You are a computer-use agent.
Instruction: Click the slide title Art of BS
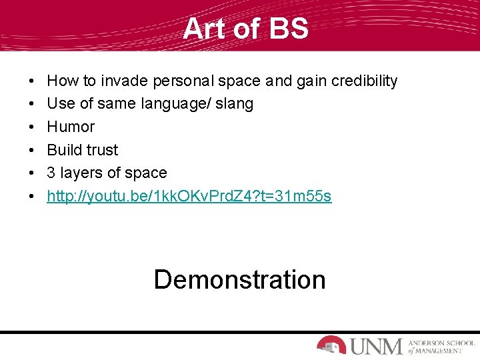pos(245,29)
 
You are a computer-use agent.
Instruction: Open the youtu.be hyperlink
pos(189,196)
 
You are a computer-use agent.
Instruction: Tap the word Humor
pos(71,127)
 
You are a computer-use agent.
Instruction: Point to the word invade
pos(125,81)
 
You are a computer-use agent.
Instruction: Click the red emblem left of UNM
pos(331,345)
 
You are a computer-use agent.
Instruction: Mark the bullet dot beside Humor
pos(33,127)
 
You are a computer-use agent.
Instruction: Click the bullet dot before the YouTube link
pos(33,196)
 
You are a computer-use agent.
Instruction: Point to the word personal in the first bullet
pos(181,81)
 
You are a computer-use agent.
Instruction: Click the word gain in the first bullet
pos(301,81)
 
